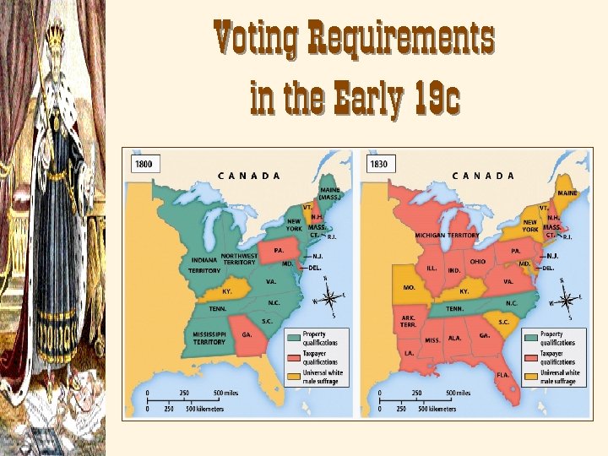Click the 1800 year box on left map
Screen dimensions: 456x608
coord(144,164)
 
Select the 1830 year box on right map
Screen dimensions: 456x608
coord(378,164)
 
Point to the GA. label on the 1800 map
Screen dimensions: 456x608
coord(247,334)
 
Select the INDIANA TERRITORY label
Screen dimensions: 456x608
coord(204,265)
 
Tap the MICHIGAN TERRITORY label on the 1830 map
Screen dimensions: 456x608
coord(446,236)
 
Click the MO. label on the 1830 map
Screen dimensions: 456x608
coord(409,287)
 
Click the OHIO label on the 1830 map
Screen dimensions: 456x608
coord(478,262)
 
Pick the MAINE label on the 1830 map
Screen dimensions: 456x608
coord(567,193)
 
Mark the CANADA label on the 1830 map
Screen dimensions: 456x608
coord(483,176)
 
